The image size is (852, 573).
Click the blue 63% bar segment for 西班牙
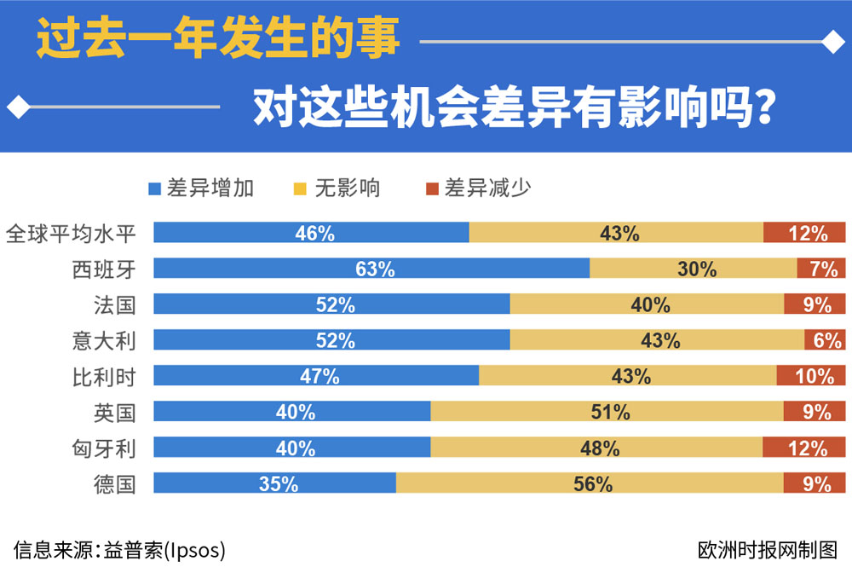click(371, 269)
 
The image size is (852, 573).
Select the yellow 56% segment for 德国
click(590, 484)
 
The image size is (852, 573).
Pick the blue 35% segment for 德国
click(274, 484)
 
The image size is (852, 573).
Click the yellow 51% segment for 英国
click(607, 413)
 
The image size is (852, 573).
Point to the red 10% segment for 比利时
click(811, 376)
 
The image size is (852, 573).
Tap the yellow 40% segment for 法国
click(647, 304)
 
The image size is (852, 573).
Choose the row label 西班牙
click(104, 269)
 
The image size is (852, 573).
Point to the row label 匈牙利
click(104, 449)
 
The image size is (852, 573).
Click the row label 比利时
click(104, 376)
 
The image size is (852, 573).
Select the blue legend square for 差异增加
click(154, 188)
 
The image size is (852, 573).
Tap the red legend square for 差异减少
click(431, 188)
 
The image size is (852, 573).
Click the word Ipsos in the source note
click(198, 549)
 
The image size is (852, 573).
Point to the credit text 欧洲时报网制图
click(767, 548)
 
